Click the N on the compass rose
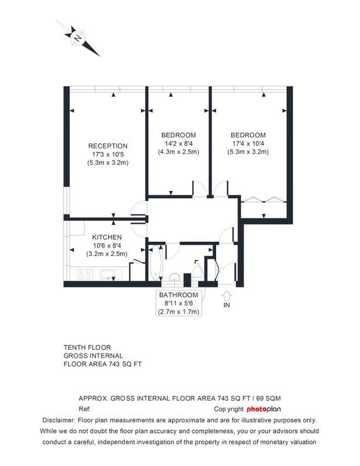tap(78, 38)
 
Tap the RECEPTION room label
tap(108, 146)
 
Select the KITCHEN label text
tap(107, 237)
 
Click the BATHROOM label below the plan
tap(178, 295)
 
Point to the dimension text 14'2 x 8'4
tap(178, 143)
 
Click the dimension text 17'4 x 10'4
tap(248, 143)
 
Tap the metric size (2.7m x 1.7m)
tap(178, 312)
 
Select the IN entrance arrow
tap(227, 295)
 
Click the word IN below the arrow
tap(227, 305)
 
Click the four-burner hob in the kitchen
tap(84, 274)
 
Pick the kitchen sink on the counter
tap(111, 274)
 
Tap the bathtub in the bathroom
tap(155, 263)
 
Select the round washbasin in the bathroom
tap(174, 277)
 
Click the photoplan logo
tap(264, 409)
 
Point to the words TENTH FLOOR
tap(87, 347)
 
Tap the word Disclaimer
tap(59, 420)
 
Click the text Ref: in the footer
tap(84, 409)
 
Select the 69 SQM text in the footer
tap(269, 398)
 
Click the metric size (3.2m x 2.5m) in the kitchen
tap(107, 254)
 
